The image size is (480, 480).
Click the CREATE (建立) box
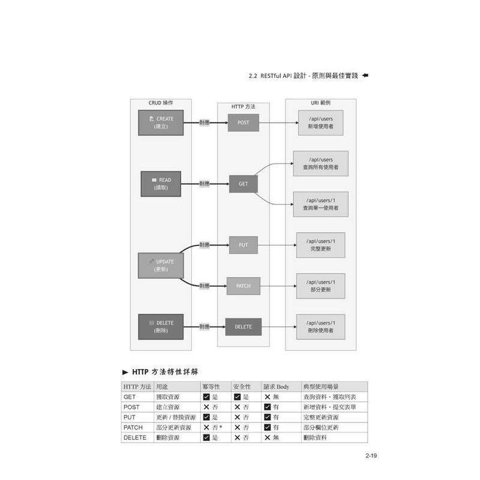click(x=160, y=122)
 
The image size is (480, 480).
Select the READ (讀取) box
click(x=161, y=184)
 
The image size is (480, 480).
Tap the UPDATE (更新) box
click(x=160, y=265)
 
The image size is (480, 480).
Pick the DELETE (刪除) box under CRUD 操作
click(x=160, y=326)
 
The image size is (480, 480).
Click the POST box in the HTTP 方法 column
click(x=243, y=122)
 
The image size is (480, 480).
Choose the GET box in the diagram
click(x=243, y=184)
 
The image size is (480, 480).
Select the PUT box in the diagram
click(x=243, y=245)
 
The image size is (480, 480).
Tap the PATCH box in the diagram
click(x=243, y=286)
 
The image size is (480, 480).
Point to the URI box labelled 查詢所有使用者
click(x=320, y=163)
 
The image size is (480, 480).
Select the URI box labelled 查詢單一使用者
click(x=320, y=204)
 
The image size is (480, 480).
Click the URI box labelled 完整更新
click(x=320, y=245)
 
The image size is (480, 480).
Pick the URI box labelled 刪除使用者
click(x=320, y=326)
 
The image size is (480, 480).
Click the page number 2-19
click(x=370, y=457)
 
